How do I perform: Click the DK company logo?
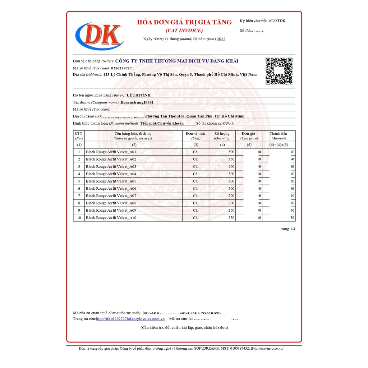point(101,35)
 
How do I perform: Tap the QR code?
point(279,71)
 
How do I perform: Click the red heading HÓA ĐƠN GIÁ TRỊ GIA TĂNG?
point(184,22)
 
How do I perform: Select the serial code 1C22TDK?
point(277,21)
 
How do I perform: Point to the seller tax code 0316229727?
point(121,68)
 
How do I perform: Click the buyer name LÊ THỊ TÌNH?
point(139,95)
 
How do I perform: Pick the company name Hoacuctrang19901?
point(137,102)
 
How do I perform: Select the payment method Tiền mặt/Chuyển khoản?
point(162,123)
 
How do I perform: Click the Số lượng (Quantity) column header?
point(222,136)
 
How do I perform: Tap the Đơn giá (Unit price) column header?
point(249,136)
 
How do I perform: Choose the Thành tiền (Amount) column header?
point(279,136)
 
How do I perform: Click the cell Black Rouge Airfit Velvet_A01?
point(111,152)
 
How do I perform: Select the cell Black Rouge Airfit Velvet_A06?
point(111,189)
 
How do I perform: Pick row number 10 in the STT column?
point(79,218)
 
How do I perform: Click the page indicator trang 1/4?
point(288,229)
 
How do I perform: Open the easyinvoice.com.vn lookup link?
point(130,319)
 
